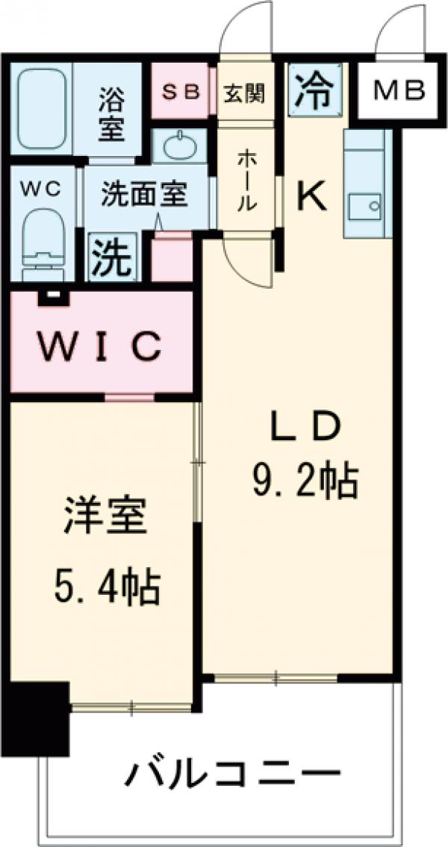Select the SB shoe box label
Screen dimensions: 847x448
coord(181,92)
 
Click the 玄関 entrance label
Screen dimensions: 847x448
coord(244,93)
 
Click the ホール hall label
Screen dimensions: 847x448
coord(247,181)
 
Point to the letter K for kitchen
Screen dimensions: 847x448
coord(311,197)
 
